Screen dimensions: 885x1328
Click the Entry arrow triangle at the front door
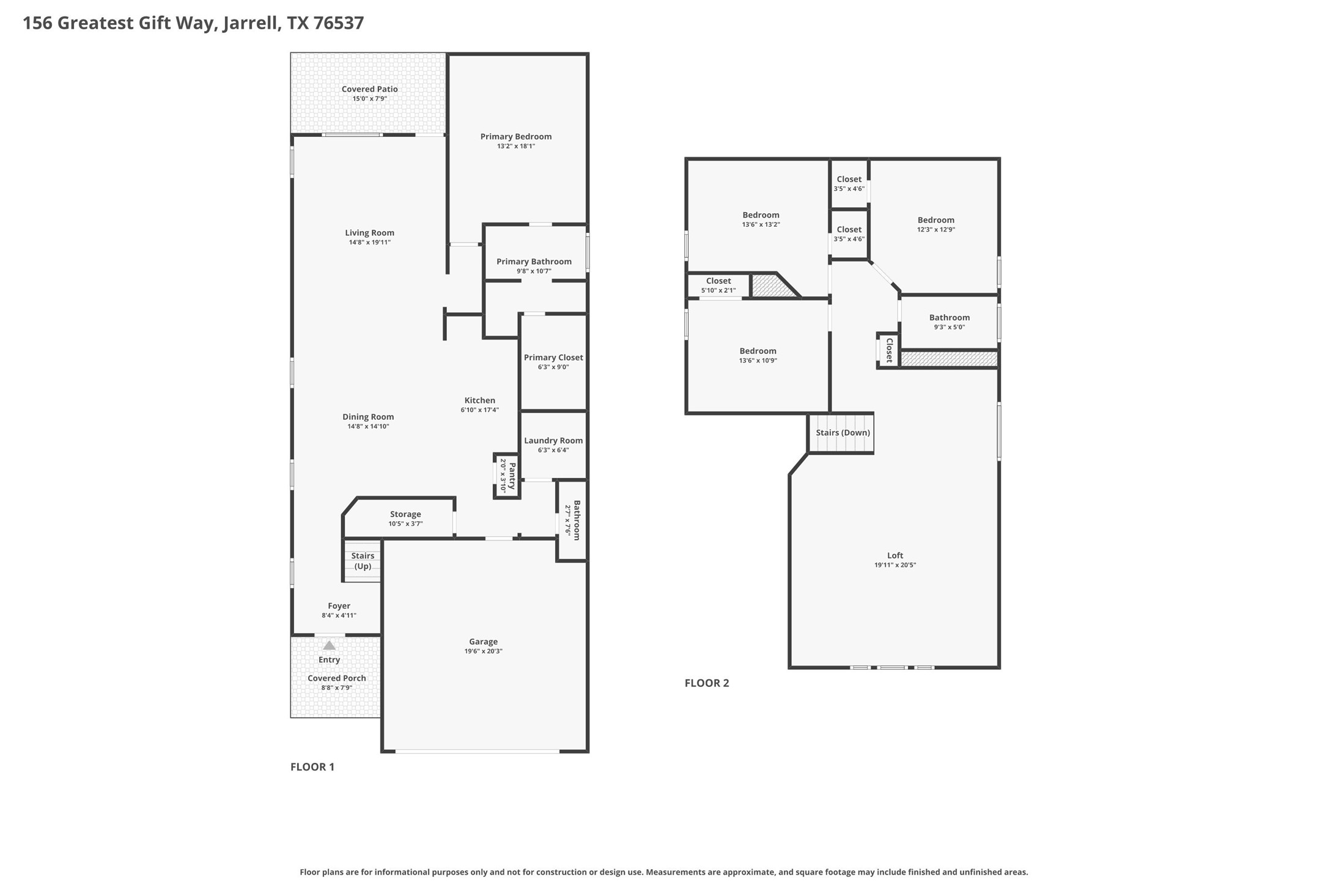(x=329, y=645)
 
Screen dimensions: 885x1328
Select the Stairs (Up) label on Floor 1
(x=363, y=560)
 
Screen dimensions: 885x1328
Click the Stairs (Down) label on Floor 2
(x=843, y=432)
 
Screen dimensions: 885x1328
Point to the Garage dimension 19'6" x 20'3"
(x=483, y=651)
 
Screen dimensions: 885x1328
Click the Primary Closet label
(x=553, y=357)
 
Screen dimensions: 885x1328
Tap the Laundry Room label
(x=553, y=440)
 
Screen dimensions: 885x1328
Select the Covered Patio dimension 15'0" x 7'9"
(x=369, y=98)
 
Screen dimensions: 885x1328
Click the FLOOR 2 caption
(x=707, y=683)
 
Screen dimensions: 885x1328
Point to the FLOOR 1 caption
(x=312, y=766)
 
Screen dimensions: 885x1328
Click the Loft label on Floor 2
(x=895, y=555)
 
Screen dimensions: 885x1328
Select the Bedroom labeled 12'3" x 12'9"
(x=935, y=220)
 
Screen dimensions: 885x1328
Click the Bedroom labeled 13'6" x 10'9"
(x=758, y=351)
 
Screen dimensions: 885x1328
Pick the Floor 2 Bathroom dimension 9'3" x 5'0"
(x=949, y=327)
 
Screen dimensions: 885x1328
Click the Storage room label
(x=405, y=514)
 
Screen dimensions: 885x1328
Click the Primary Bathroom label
(x=534, y=261)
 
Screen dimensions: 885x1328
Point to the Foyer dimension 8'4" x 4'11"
(x=339, y=615)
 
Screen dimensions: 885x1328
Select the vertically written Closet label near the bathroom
(x=890, y=350)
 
